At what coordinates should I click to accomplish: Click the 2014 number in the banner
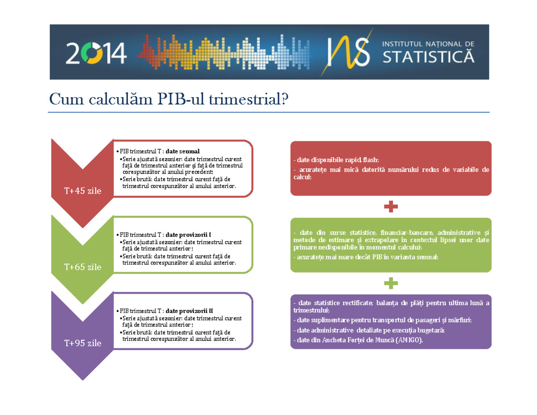click(x=96, y=53)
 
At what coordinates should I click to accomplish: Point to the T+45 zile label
click(x=82, y=191)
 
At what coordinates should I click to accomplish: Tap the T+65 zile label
click(x=82, y=267)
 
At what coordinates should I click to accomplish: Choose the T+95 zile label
click(x=82, y=343)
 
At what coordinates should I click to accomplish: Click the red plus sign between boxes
click(x=391, y=207)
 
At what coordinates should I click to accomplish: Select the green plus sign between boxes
click(x=391, y=283)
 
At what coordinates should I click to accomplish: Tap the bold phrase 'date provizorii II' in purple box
click(x=189, y=311)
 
